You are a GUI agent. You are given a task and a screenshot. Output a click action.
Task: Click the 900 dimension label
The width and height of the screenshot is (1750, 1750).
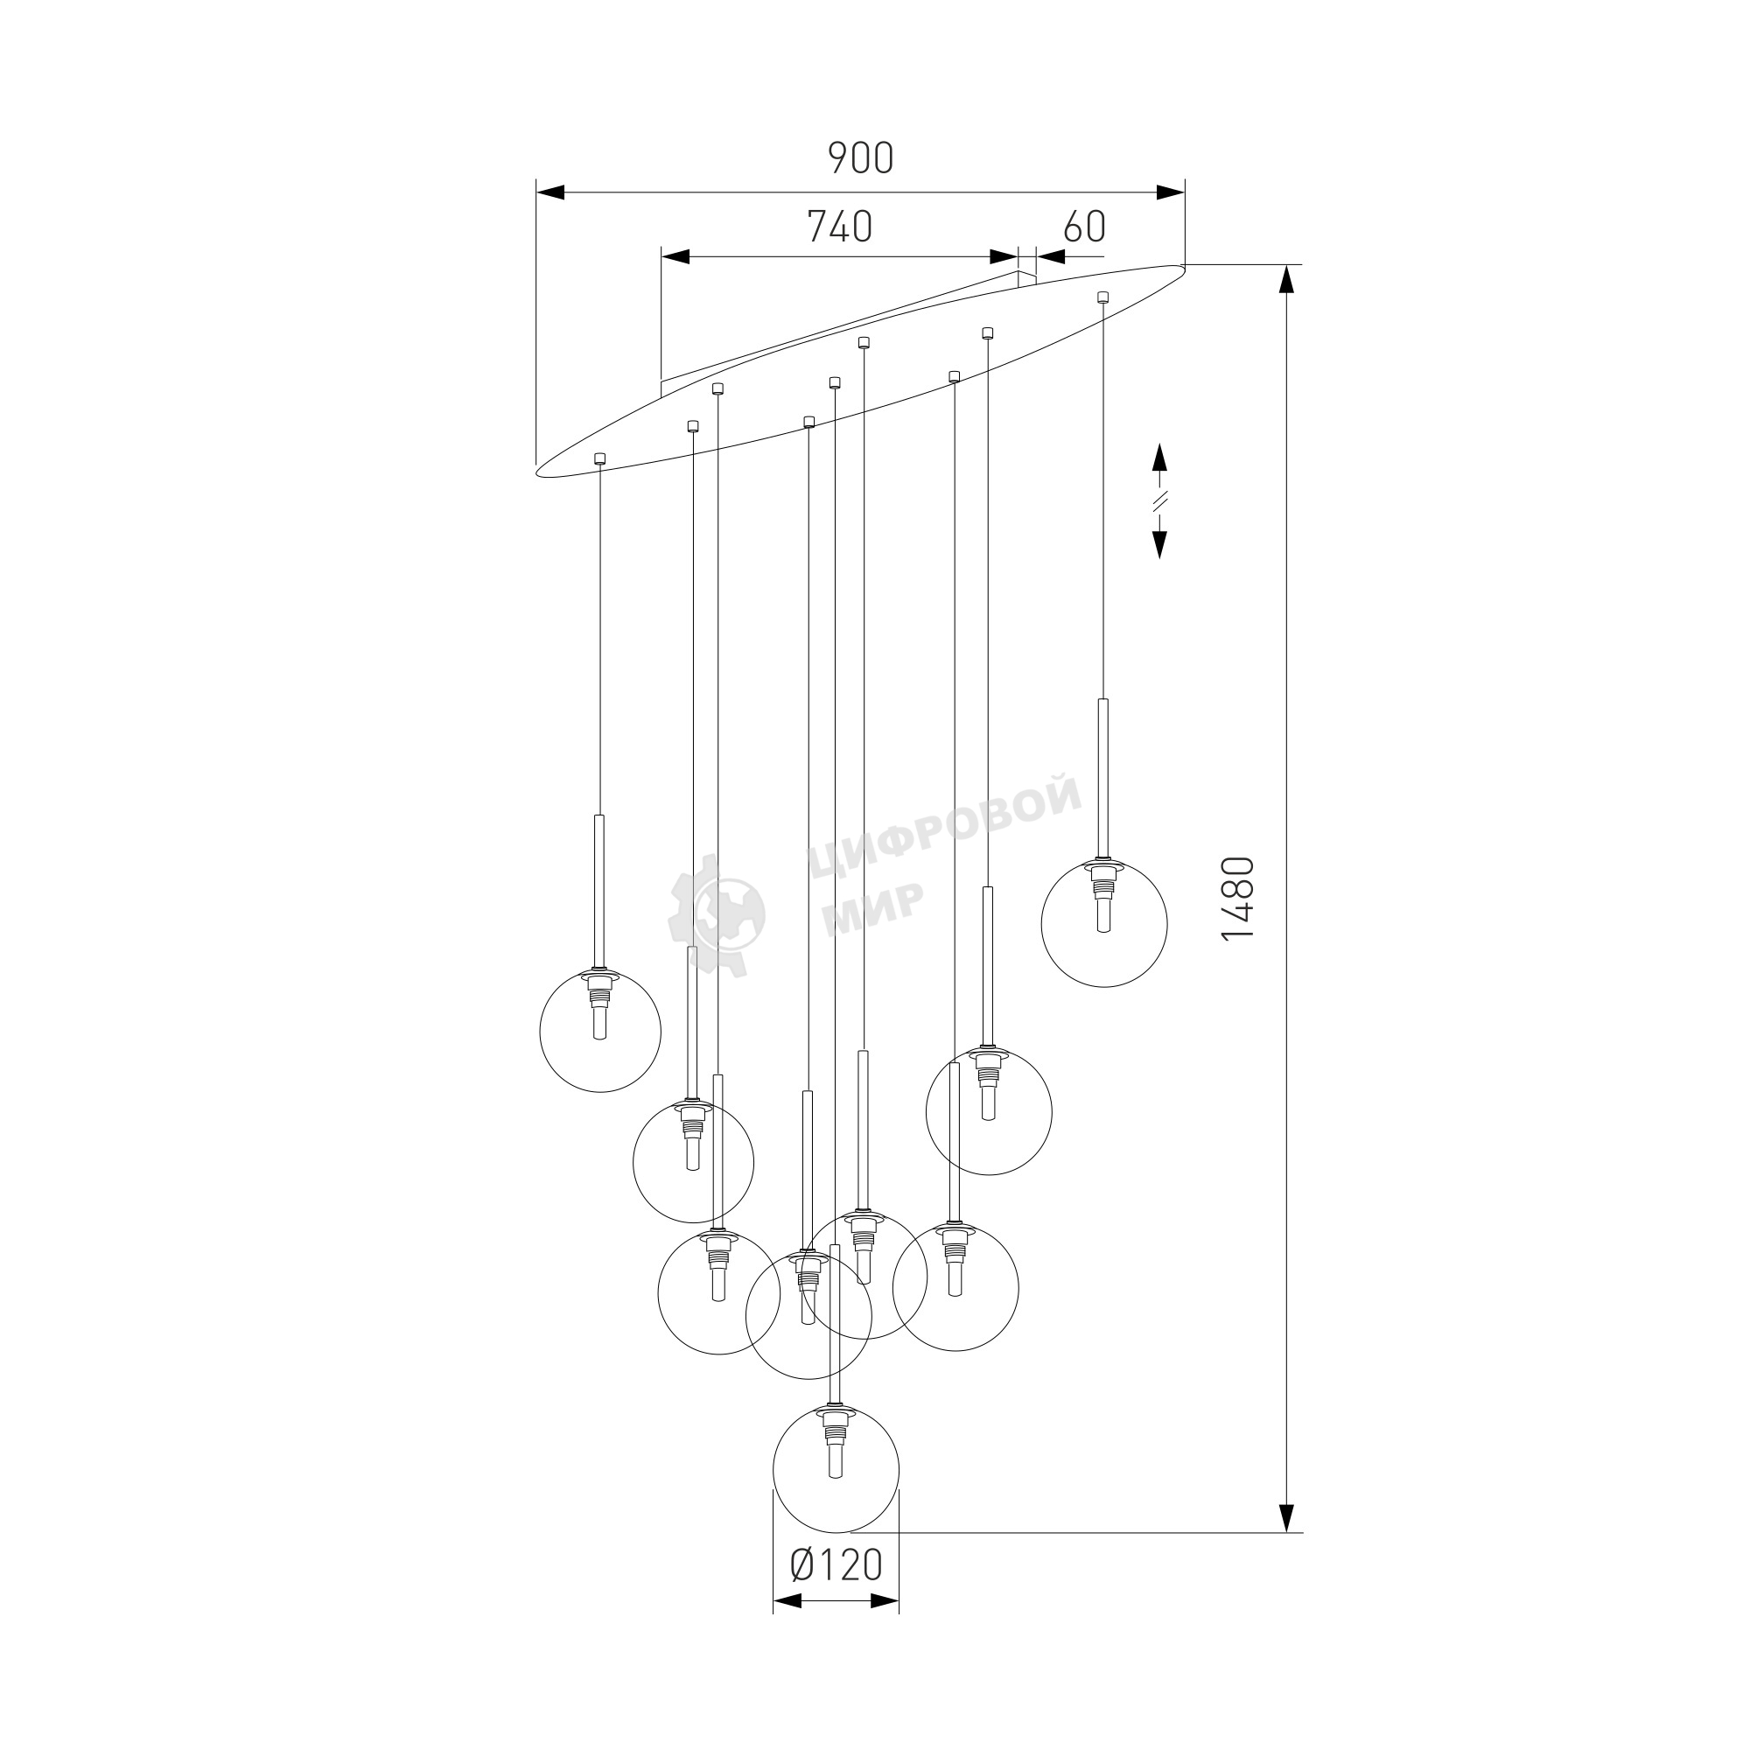coord(860,158)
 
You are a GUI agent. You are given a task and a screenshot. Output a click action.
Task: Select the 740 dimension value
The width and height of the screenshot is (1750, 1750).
coord(840,227)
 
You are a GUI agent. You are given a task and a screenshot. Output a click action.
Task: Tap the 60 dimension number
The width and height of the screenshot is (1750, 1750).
coord(1084,227)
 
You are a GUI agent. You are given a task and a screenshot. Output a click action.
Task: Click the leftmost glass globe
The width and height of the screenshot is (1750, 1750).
coord(599,1031)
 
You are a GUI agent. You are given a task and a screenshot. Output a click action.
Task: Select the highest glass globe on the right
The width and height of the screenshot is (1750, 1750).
coord(1104,923)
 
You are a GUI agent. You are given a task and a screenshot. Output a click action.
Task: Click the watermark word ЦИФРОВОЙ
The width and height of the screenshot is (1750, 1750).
coord(944,825)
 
